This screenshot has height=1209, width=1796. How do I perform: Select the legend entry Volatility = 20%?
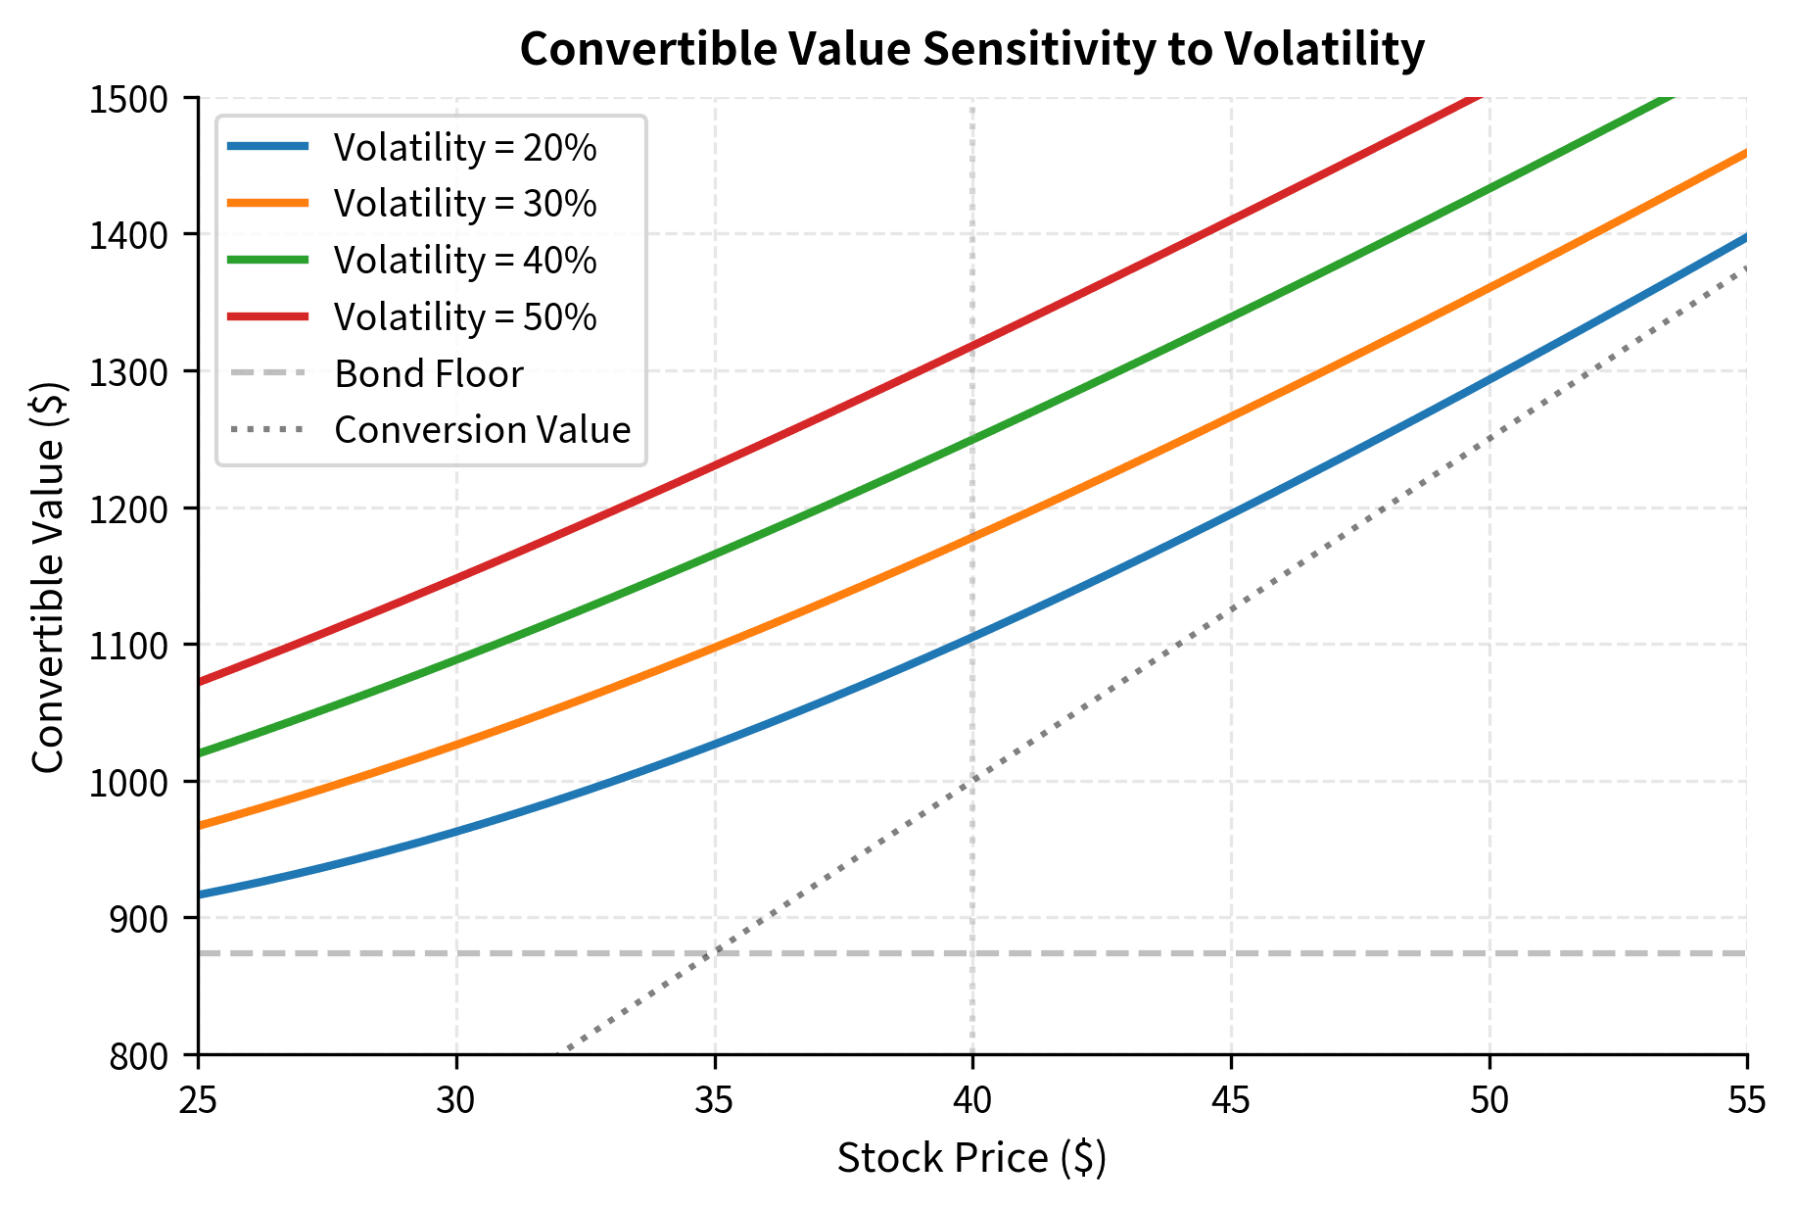(x=464, y=148)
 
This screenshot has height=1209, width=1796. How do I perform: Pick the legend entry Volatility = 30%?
(x=464, y=204)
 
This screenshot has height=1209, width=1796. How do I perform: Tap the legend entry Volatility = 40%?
(x=464, y=261)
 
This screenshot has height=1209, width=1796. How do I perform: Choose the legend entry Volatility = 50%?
(x=464, y=317)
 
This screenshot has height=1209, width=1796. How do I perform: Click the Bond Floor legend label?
(x=428, y=374)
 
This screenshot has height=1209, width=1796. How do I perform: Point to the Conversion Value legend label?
(x=482, y=430)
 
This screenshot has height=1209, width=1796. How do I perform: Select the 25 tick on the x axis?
(x=199, y=1101)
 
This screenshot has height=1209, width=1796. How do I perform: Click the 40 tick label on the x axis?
(x=972, y=1101)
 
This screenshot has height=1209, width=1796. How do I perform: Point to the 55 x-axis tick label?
(x=1747, y=1101)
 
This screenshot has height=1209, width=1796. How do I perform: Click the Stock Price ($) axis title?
(x=971, y=1158)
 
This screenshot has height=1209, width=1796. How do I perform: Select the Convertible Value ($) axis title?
(x=49, y=576)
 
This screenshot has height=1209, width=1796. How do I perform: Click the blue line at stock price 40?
(x=972, y=638)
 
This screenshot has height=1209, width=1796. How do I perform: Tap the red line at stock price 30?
(x=457, y=577)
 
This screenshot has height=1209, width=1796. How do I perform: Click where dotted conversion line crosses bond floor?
(x=715, y=952)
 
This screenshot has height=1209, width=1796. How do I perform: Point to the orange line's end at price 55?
(x=1746, y=153)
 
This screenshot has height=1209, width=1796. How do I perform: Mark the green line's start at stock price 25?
(x=200, y=753)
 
